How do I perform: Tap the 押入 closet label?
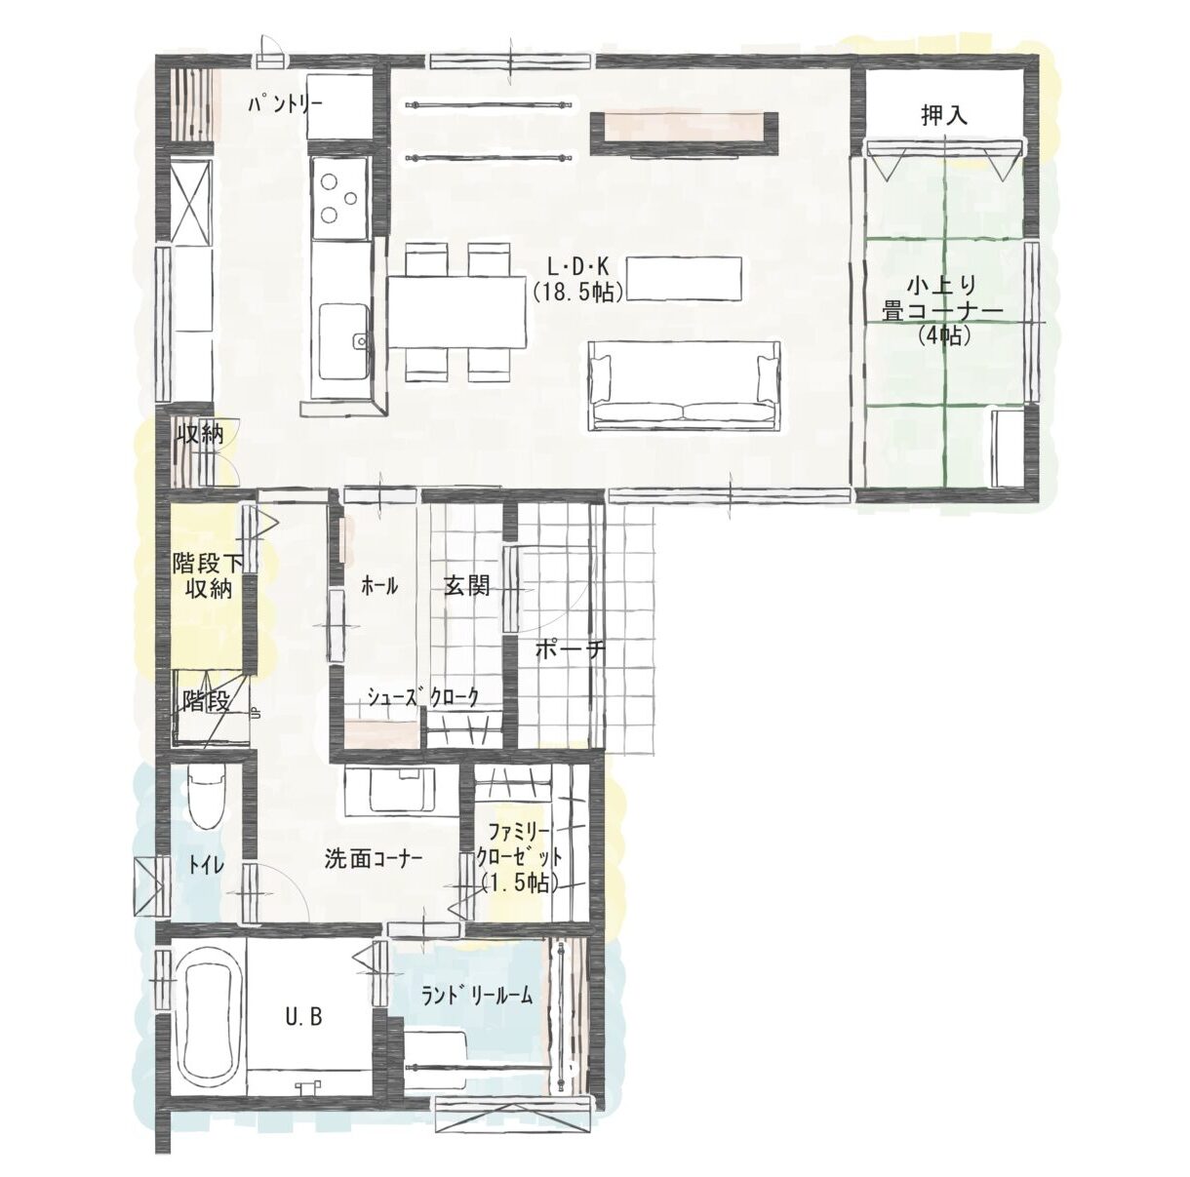tap(944, 115)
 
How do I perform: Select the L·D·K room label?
tap(578, 266)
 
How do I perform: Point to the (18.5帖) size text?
tap(578, 292)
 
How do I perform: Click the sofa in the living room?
tap(684, 386)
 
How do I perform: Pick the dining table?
tap(457, 312)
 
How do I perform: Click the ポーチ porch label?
tap(571, 649)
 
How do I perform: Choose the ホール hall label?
tap(379, 587)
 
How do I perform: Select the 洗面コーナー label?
tap(373, 860)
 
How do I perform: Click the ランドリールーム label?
tap(476, 996)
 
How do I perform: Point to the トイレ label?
tap(206, 866)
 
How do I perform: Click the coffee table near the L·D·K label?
tap(685, 279)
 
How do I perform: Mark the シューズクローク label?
tap(423, 697)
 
